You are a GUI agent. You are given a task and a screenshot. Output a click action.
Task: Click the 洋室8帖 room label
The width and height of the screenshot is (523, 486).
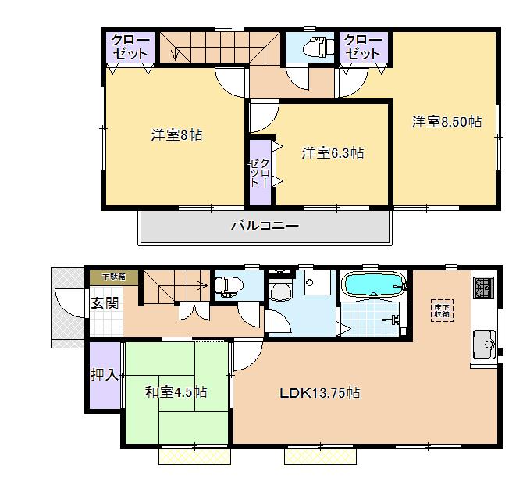click(x=176, y=135)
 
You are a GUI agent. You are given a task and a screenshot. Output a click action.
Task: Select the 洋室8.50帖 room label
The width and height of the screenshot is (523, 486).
click(x=447, y=122)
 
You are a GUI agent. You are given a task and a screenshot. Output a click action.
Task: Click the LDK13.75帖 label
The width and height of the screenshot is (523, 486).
click(x=320, y=393)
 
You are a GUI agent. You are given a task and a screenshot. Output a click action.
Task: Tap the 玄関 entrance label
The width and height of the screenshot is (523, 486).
click(x=105, y=302)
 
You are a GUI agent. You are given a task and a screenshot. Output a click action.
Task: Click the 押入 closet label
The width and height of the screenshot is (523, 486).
click(x=105, y=375)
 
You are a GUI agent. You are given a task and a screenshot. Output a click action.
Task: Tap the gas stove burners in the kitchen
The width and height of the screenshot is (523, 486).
click(x=482, y=288)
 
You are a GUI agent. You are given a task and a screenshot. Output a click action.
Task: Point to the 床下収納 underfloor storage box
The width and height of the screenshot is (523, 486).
click(x=442, y=309)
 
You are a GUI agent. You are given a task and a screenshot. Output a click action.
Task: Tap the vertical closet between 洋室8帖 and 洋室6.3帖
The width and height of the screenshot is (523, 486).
click(x=259, y=172)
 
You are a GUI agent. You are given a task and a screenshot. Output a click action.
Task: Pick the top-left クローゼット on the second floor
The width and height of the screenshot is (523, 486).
click(x=130, y=47)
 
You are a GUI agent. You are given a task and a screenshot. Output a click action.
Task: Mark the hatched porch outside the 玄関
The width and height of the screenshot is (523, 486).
click(x=67, y=307)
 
